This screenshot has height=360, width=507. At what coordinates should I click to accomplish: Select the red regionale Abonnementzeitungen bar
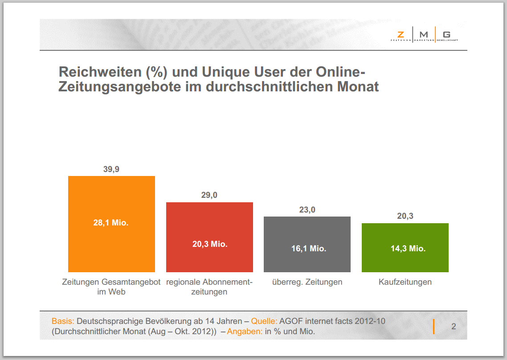(x=209, y=258)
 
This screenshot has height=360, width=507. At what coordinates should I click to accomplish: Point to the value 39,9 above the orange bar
(x=111, y=169)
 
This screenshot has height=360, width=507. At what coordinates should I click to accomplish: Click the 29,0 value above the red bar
(x=209, y=195)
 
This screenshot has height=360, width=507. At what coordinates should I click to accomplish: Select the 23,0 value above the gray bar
(x=307, y=210)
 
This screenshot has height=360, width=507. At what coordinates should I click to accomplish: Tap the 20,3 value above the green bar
(x=405, y=216)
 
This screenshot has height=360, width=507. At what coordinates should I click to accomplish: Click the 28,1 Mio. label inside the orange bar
(x=111, y=223)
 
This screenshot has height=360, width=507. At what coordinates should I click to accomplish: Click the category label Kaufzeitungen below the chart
(x=405, y=282)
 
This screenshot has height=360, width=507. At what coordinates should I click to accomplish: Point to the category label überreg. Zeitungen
(x=307, y=282)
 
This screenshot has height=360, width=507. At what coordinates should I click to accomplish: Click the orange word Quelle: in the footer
(x=264, y=321)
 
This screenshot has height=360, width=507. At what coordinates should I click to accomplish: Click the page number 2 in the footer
(x=454, y=327)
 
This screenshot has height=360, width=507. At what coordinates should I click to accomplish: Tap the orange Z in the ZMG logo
(x=401, y=34)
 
